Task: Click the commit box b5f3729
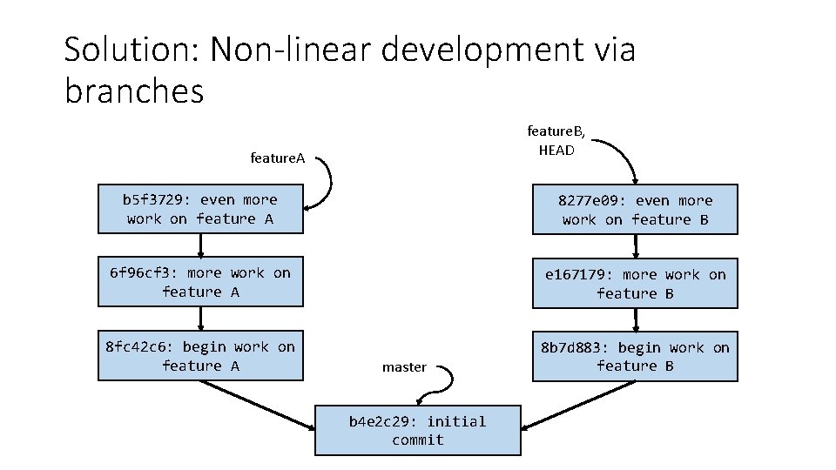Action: [200, 209]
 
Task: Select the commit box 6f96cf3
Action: [200, 282]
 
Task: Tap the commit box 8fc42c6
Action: [200, 356]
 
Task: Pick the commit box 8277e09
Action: [635, 210]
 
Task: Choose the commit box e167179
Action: [635, 284]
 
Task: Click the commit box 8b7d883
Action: [635, 357]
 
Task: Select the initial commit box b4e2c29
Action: [417, 430]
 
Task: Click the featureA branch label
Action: [277, 158]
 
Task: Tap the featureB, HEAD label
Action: [556, 140]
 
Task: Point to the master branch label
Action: [404, 367]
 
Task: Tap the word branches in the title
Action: [134, 90]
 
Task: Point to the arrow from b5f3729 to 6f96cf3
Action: [200, 245]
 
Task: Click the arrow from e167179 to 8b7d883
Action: [635, 320]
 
